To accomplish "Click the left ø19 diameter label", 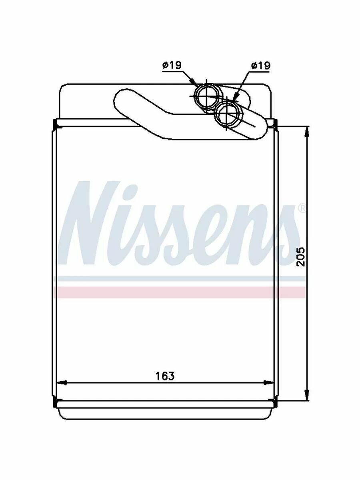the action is [172, 65].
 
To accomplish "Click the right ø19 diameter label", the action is [261, 65].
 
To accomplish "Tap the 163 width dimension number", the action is [165, 376].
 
